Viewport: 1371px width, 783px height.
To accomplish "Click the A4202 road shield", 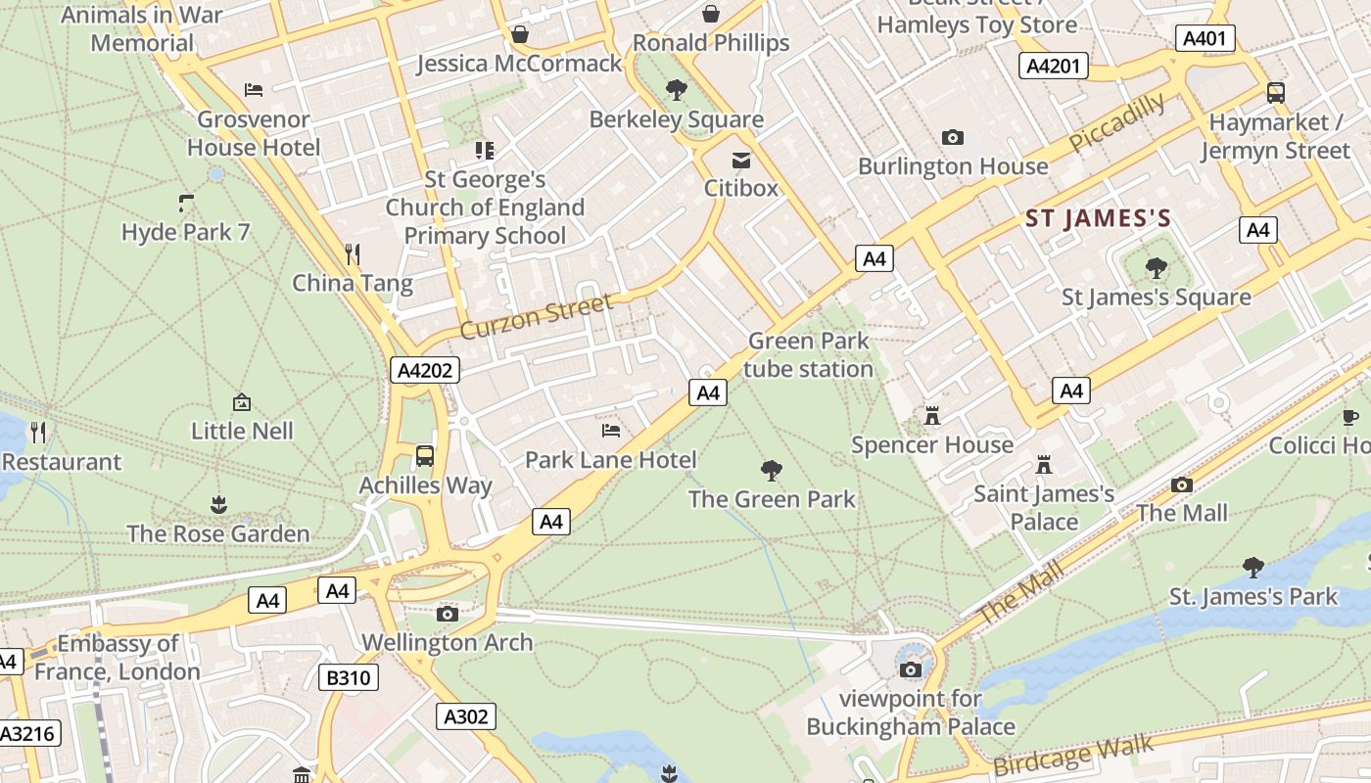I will click(424, 370).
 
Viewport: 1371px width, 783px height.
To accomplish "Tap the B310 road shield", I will click(349, 676).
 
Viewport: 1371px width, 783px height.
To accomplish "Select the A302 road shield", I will click(465, 716).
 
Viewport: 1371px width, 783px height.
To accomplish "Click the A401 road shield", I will click(1205, 38).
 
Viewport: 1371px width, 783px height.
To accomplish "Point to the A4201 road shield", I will click(1054, 66).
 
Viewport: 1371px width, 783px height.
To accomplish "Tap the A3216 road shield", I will click(29, 734).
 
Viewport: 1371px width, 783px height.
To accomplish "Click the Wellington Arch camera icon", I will click(448, 614).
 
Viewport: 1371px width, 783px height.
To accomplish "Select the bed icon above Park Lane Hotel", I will click(611, 430).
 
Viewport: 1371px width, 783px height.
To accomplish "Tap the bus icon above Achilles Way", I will click(425, 455).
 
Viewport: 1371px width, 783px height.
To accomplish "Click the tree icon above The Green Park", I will click(772, 470).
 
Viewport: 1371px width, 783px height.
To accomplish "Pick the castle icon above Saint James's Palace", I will click(1044, 464).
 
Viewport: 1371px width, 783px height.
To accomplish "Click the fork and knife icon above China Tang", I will click(353, 254).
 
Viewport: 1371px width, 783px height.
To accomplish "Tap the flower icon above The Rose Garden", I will click(217, 504).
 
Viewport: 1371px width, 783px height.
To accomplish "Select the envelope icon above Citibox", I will click(741, 159).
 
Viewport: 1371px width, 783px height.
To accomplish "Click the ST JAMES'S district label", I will click(1098, 218).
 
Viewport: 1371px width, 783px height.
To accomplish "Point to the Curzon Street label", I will click(536, 316).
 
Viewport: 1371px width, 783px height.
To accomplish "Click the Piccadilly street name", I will click(1116, 122).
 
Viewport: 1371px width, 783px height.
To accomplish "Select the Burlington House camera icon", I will click(952, 137).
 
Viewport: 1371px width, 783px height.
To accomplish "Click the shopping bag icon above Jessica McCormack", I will click(520, 34).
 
